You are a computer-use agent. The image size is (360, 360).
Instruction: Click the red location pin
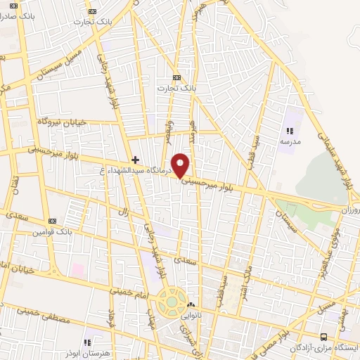(181, 165)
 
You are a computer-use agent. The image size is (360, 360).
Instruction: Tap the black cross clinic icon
(136, 160)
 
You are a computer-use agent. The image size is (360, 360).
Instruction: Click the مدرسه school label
(290, 141)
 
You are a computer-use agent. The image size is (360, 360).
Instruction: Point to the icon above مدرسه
(290, 130)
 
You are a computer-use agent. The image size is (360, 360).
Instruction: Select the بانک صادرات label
(19, 15)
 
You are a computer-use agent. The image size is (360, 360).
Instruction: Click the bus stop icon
(324, 337)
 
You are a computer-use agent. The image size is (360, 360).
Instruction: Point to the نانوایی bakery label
(195, 315)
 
